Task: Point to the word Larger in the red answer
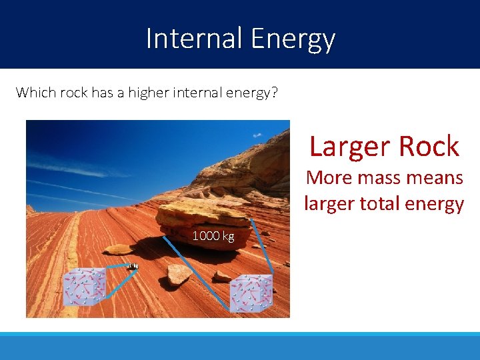tap(347, 147)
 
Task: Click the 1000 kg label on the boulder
tap(213, 236)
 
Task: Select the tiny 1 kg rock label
tap(133, 267)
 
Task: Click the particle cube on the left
tap(84, 287)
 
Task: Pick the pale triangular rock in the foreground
tap(179, 273)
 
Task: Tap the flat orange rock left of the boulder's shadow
tap(119, 249)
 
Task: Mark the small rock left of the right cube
tap(221, 276)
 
